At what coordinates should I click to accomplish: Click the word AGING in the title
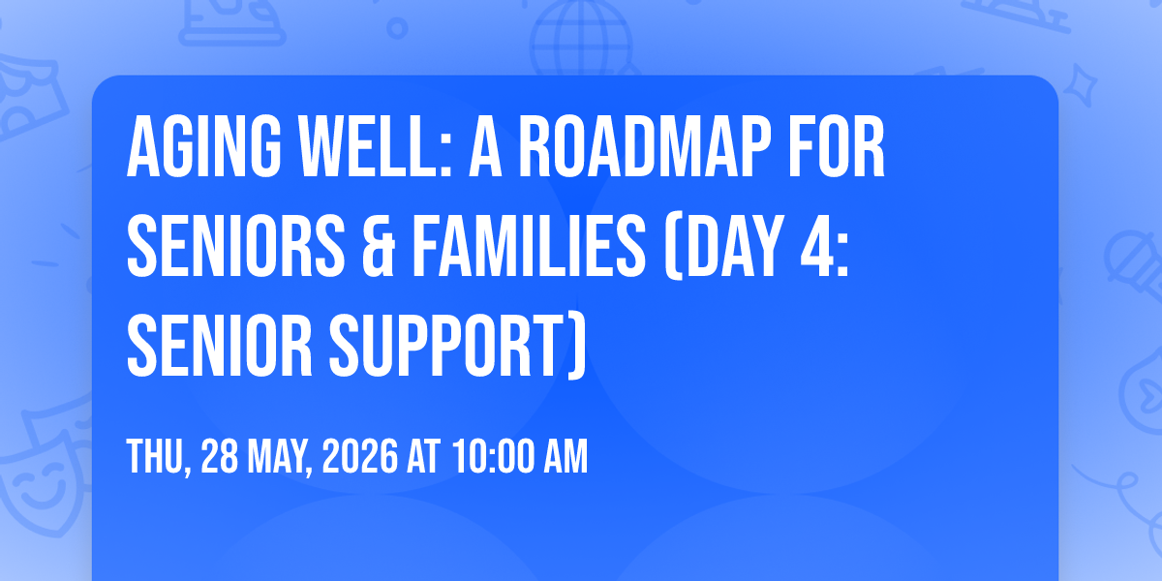(x=204, y=147)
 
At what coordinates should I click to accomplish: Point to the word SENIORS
(x=236, y=245)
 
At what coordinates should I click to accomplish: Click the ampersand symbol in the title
(x=379, y=245)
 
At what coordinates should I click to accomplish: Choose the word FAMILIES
(x=529, y=245)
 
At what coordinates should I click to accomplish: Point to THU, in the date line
(x=160, y=457)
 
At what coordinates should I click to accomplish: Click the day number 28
(x=220, y=456)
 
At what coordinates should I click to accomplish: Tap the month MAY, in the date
(x=280, y=457)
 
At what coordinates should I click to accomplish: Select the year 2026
(x=360, y=456)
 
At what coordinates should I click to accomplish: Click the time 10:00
(x=493, y=456)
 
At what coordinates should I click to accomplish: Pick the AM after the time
(x=566, y=456)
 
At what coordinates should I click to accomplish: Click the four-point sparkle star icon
(x=1080, y=84)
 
